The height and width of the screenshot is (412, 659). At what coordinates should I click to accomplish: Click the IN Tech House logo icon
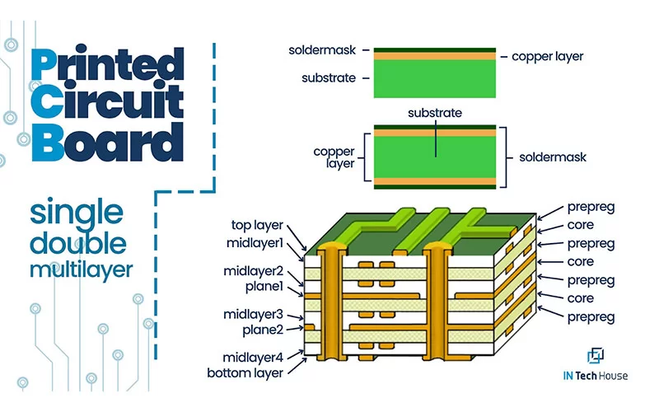coord(596,355)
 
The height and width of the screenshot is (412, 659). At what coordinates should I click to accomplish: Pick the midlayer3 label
coord(253,314)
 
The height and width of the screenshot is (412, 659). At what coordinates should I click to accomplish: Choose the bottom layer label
coord(245,372)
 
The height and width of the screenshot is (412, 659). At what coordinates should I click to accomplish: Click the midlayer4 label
coord(253,357)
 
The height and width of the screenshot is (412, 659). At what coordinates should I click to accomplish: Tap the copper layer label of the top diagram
coord(547,57)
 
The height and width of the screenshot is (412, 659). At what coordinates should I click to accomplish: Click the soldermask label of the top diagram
coord(321,49)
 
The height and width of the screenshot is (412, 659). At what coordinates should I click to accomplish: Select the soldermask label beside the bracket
coord(553,157)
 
